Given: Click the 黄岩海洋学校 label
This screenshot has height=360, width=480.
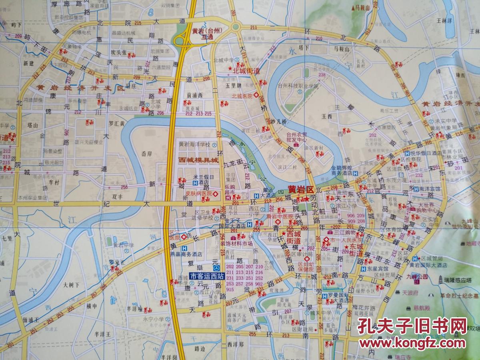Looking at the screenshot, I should tap(194, 144).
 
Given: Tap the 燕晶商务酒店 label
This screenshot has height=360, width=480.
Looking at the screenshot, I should tap(196, 254).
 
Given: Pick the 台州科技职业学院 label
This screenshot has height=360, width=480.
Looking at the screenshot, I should tap(298, 86).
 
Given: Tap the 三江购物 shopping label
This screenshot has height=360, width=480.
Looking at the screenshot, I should tap(342, 232).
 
